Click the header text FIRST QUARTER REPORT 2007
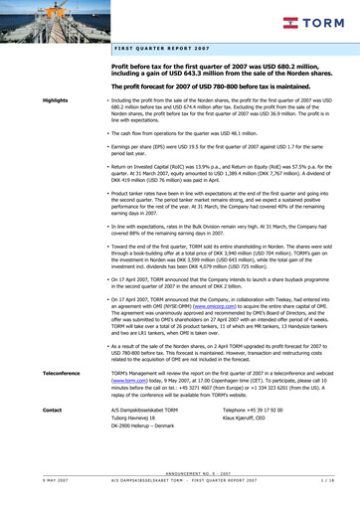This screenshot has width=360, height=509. (x=160, y=47)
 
